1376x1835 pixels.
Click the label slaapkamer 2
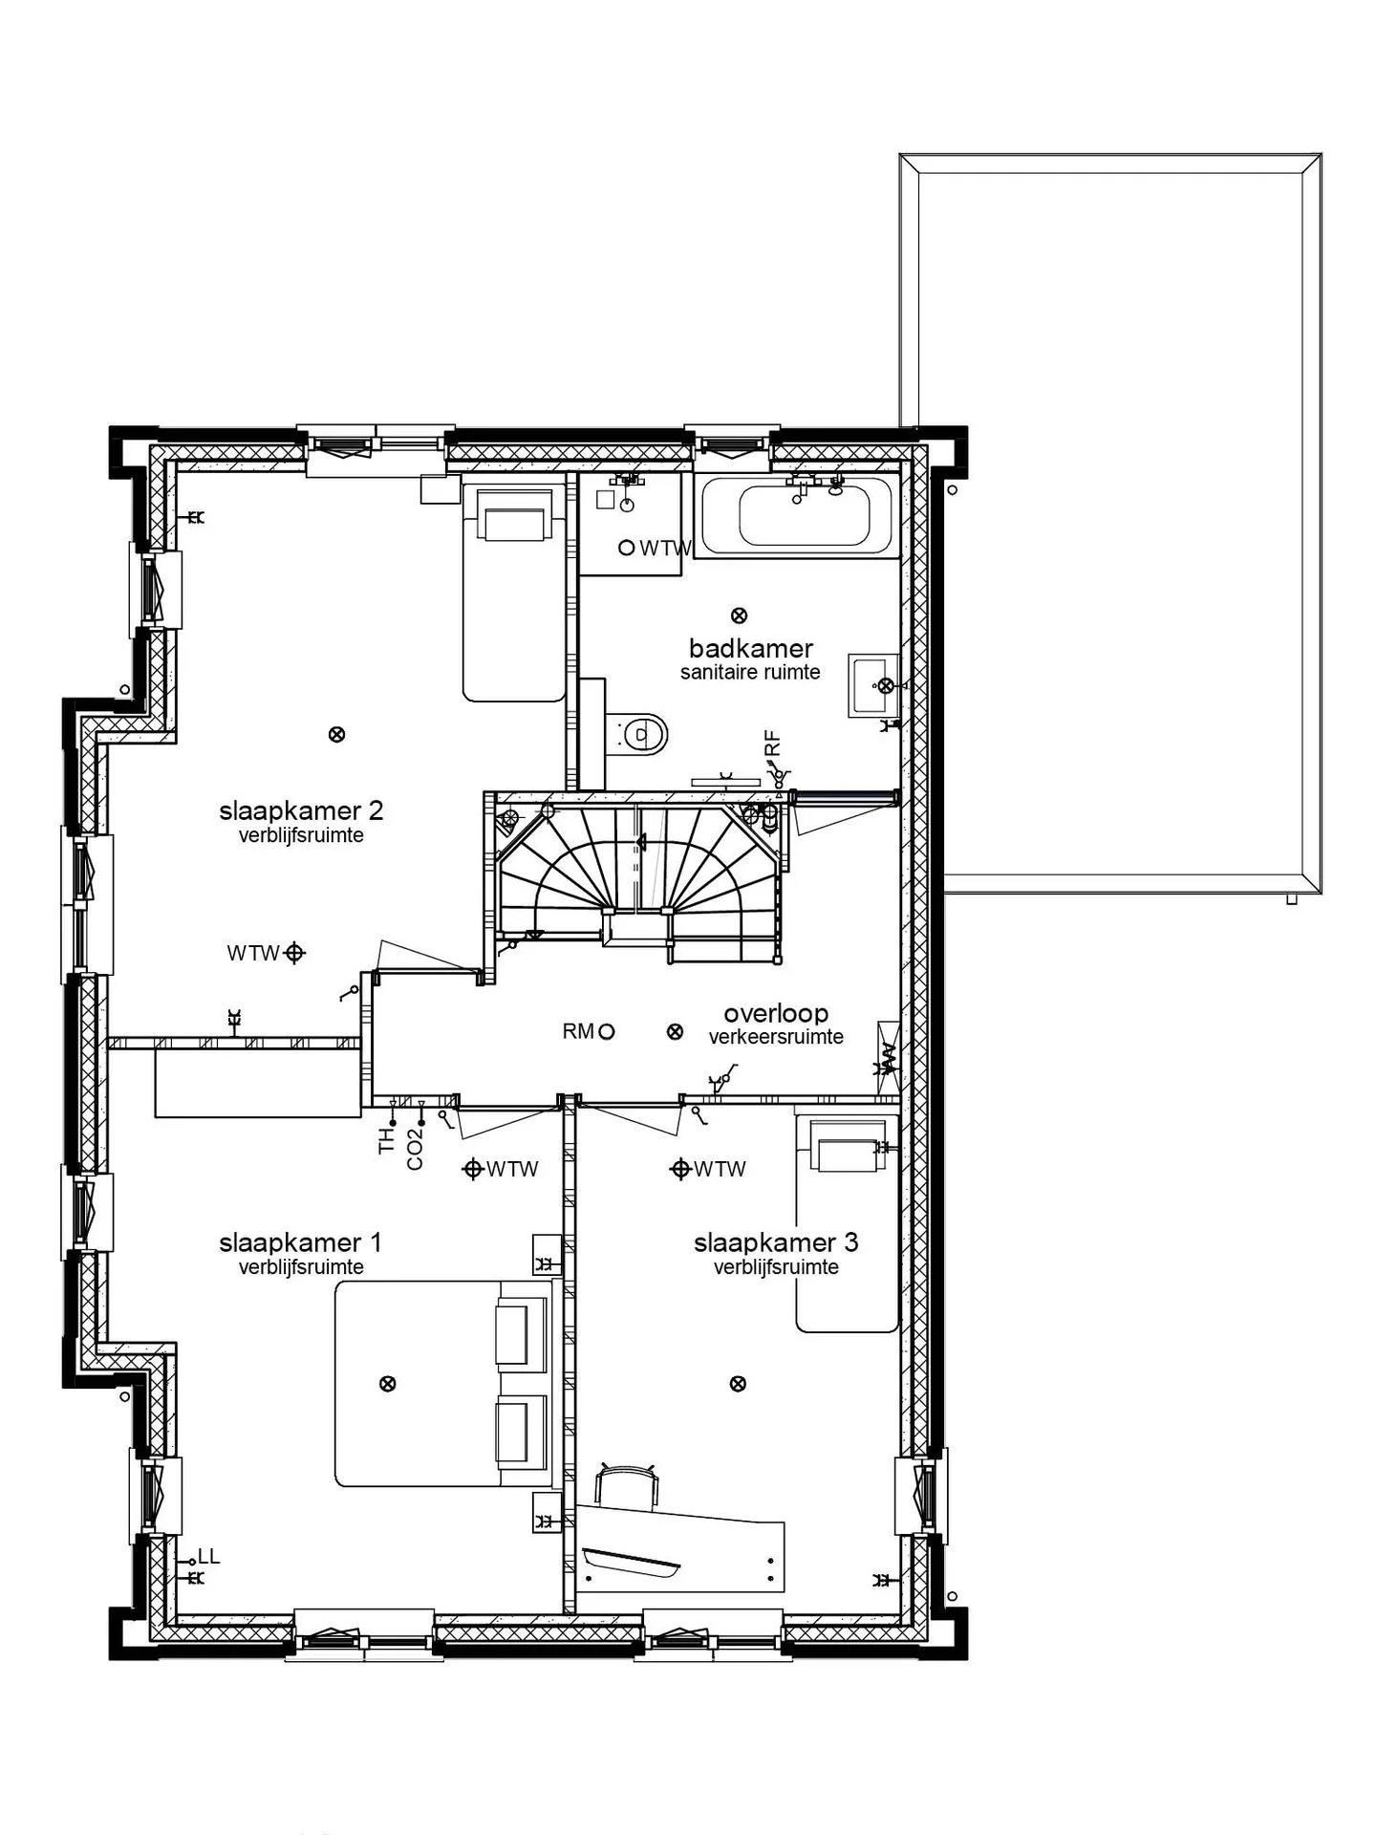pyautogui.click(x=301, y=811)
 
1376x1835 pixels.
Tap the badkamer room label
pyautogui.click(x=750, y=649)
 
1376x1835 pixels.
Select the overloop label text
pyautogui.click(x=776, y=1013)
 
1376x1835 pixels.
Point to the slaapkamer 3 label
pyautogui.click(x=776, y=1242)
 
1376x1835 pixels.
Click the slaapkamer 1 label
pyautogui.click(x=300, y=1242)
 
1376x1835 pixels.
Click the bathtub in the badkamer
pyautogui.click(x=798, y=516)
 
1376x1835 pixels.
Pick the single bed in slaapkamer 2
pyautogui.click(x=515, y=592)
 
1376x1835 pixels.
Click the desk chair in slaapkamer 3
pyautogui.click(x=627, y=1484)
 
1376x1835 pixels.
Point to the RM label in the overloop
pyautogui.click(x=577, y=1031)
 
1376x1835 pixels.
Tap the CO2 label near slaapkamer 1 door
pyautogui.click(x=415, y=1149)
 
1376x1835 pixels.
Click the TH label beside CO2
pyautogui.click(x=387, y=1140)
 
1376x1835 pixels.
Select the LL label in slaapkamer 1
pyautogui.click(x=209, y=1557)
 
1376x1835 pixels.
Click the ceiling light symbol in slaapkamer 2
pyautogui.click(x=336, y=735)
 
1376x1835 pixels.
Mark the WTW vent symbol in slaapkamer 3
pyautogui.click(x=680, y=1168)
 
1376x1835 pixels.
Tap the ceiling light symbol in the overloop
pyautogui.click(x=675, y=1031)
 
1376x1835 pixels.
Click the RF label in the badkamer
pyautogui.click(x=773, y=743)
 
